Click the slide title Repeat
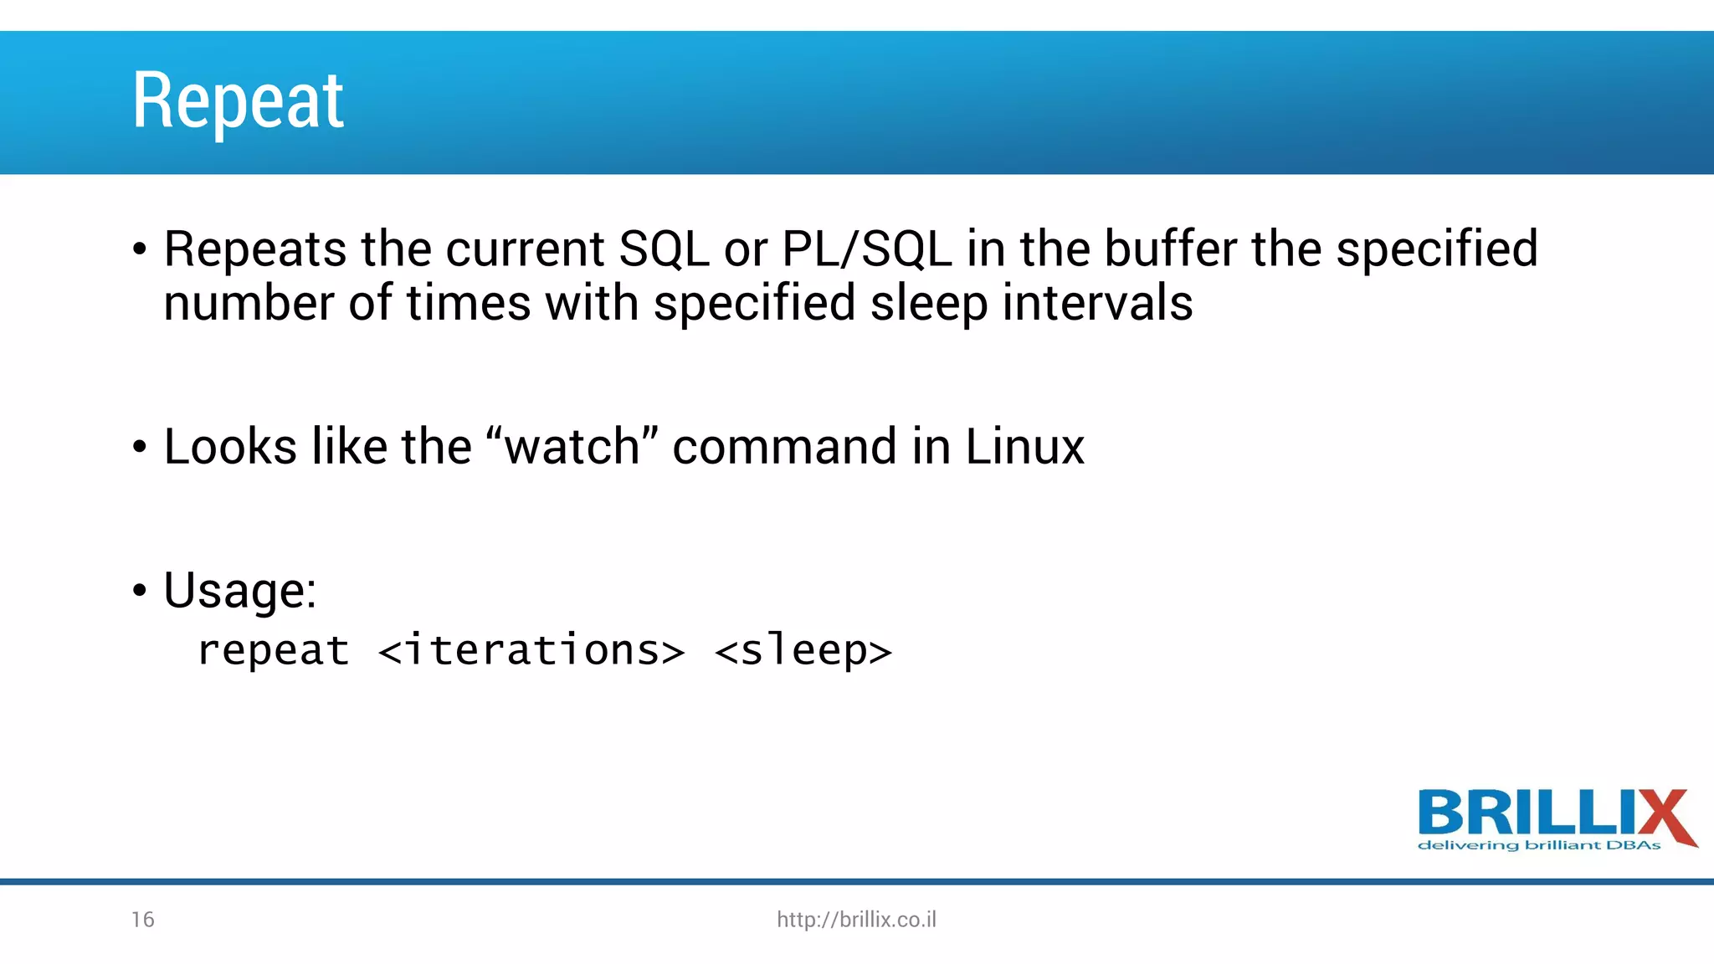click(238, 101)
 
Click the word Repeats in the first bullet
click(254, 249)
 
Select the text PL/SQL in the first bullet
click(866, 249)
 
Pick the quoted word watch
click(572, 446)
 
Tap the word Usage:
click(239, 591)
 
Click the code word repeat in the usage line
click(273, 651)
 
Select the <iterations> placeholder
click(531, 651)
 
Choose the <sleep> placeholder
click(803, 651)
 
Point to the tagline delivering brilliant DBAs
click(1538, 845)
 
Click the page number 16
click(142, 920)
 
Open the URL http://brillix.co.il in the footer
click(856, 920)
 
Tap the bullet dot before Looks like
click(140, 448)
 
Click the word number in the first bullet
click(248, 304)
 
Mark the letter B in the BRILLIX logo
click(1441, 812)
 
